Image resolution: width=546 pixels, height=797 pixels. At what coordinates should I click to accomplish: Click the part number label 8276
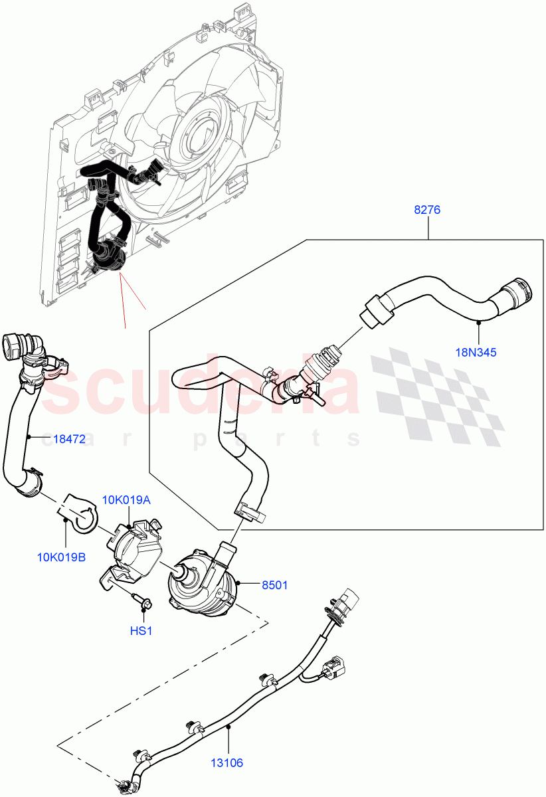[427, 210]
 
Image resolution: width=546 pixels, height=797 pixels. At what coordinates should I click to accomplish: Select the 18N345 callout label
[476, 353]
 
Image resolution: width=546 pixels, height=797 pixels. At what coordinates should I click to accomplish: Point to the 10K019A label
[126, 499]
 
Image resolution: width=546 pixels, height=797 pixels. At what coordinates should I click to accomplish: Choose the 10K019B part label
[61, 556]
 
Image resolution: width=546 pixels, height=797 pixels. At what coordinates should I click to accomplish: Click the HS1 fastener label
[141, 630]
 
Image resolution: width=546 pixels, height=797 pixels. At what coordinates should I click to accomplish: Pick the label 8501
[274, 586]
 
